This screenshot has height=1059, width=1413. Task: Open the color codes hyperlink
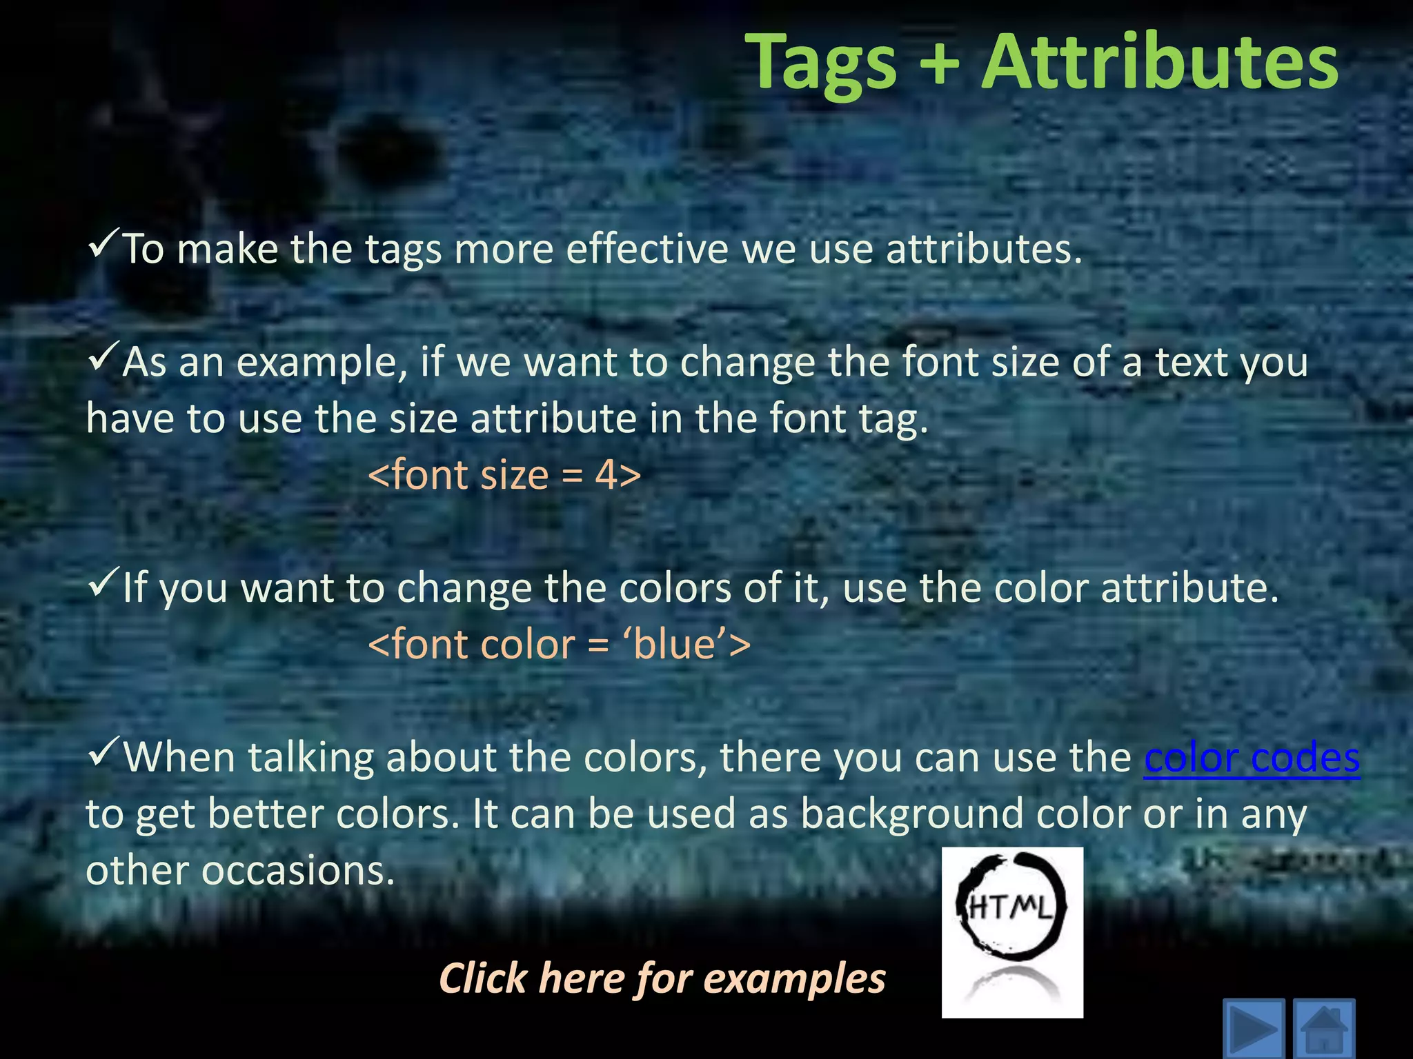click(1252, 758)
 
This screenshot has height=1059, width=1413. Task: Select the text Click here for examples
click(662, 978)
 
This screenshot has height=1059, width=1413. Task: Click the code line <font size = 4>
click(504, 475)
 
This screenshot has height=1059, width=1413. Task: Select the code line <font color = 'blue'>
click(559, 645)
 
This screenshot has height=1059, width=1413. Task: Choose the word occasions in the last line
click(298, 871)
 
